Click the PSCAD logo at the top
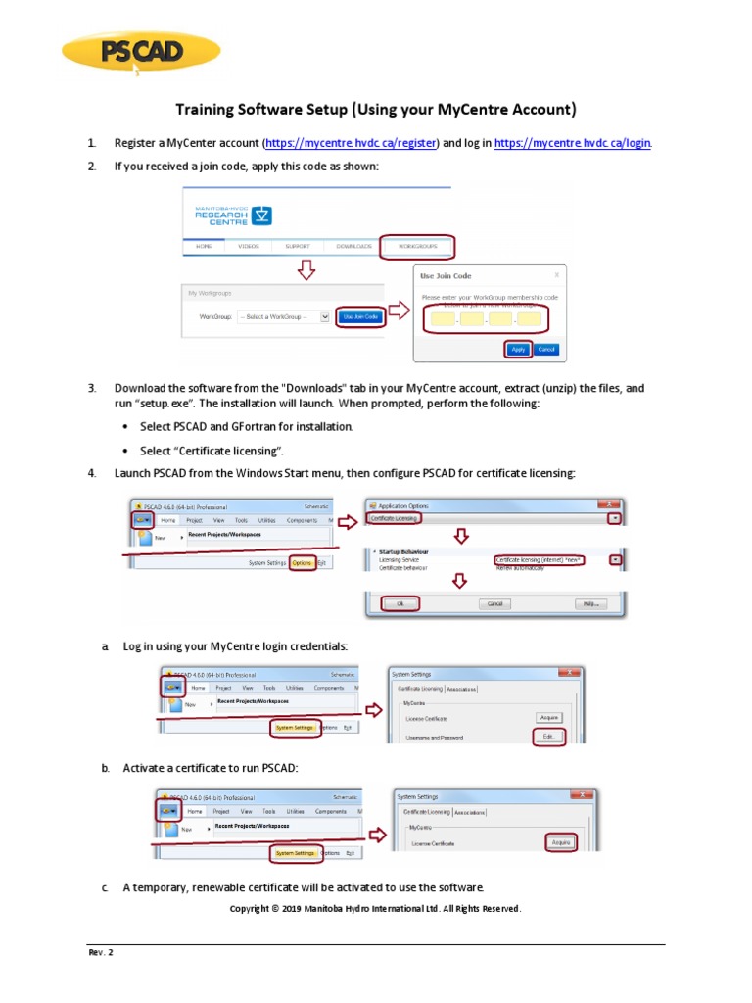(x=140, y=54)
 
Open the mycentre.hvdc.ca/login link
(x=572, y=143)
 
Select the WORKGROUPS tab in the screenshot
(x=417, y=246)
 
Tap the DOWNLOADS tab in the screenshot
(x=353, y=246)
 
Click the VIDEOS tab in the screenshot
(x=249, y=246)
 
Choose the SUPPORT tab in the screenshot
(x=297, y=246)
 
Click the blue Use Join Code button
(x=358, y=317)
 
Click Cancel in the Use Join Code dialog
(x=545, y=349)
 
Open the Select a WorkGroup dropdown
(x=277, y=317)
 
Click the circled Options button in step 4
(x=302, y=563)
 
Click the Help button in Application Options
(x=590, y=604)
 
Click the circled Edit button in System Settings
(x=548, y=737)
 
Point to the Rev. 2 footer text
(x=101, y=952)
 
